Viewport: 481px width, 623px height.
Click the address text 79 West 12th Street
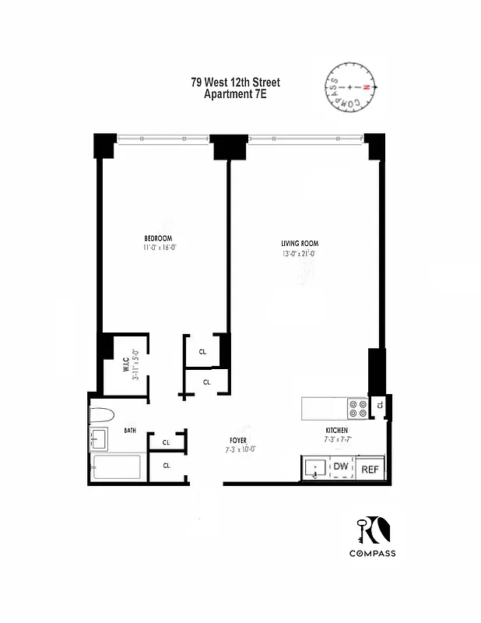point(235,83)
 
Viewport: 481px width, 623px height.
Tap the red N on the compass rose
point(374,87)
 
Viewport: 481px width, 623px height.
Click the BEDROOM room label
point(158,238)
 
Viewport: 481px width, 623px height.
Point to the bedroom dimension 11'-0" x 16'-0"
point(160,248)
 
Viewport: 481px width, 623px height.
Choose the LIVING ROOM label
point(300,243)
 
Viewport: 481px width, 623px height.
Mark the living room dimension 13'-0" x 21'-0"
point(300,253)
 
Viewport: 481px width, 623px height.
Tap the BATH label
point(130,430)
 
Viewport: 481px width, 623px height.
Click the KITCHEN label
point(336,430)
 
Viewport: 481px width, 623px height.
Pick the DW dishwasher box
point(341,467)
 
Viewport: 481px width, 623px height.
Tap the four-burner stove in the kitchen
point(357,409)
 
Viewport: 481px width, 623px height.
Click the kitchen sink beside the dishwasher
point(315,469)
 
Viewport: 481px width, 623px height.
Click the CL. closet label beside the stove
point(380,405)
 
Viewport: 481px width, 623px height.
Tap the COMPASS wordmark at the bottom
point(372,554)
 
